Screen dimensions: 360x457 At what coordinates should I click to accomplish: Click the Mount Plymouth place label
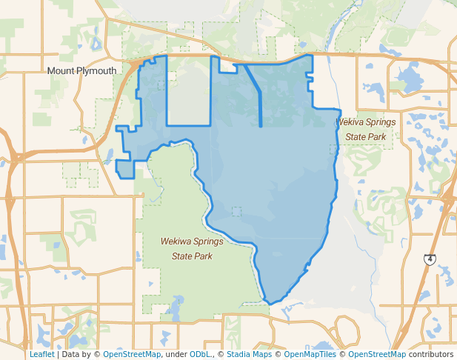(81, 70)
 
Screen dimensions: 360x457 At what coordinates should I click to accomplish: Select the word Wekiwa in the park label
(176, 241)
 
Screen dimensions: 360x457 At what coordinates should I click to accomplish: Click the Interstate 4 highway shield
(430, 259)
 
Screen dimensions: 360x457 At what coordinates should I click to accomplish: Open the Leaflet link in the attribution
(41, 354)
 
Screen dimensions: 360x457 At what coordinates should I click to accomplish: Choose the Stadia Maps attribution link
(249, 354)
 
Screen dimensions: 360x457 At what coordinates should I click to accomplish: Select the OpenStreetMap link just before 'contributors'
(376, 354)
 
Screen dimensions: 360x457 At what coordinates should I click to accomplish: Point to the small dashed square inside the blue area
(236, 211)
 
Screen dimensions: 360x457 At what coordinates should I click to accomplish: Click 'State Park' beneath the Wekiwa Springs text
(192, 256)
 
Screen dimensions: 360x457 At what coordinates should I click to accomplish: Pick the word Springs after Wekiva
(383, 121)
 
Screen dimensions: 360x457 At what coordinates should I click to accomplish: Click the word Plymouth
(95, 70)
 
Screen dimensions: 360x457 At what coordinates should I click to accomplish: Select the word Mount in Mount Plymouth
(59, 70)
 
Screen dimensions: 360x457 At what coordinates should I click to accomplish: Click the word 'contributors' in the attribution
(431, 354)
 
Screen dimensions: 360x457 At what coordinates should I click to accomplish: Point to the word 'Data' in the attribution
(72, 354)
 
